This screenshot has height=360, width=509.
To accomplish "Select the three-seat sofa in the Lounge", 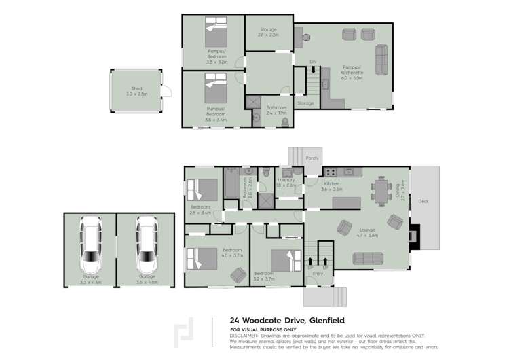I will pyautogui.click(x=367, y=258).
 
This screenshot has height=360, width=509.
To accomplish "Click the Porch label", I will pyautogui.click(x=312, y=158).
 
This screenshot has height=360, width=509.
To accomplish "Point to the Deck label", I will pyautogui.click(x=423, y=202).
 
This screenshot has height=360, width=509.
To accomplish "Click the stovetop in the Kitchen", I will pyautogui.click(x=332, y=171).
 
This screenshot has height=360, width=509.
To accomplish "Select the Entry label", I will pyautogui.click(x=318, y=274).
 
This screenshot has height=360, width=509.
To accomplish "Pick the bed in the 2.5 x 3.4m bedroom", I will pyautogui.click(x=202, y=188).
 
